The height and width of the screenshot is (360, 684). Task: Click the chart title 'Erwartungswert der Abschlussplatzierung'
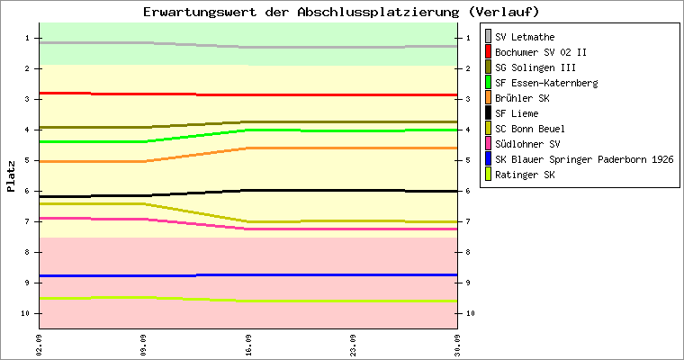(301, 12)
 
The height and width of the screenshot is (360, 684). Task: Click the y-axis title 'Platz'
(11, 176)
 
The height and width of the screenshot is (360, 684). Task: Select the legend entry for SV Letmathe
(520, 37)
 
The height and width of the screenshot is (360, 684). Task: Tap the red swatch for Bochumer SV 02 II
(488, 52)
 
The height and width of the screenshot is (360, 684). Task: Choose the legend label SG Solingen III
(535, 67)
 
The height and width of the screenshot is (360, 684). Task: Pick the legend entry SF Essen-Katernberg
(542, 83)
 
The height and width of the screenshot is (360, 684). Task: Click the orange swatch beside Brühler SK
(488, 98)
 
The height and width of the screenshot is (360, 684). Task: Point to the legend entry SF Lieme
(512, 113)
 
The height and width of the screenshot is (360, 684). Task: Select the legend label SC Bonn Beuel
(529, 129)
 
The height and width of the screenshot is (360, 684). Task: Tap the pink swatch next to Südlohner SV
(488, 144)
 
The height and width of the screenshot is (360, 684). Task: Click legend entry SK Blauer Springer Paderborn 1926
(580, 159)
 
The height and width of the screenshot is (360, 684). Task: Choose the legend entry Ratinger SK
(520, 175)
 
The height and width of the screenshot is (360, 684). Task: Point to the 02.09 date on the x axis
(40, 346)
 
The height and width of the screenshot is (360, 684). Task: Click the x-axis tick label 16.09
(248, 346)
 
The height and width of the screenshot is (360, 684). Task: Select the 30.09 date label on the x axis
(457, 346)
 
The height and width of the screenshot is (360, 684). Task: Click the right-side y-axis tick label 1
(468, 38)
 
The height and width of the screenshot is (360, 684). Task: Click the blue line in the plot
(248, 274)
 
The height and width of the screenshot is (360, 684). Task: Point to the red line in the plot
(248, 94)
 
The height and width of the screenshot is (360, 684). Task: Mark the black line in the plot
(248, 191)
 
